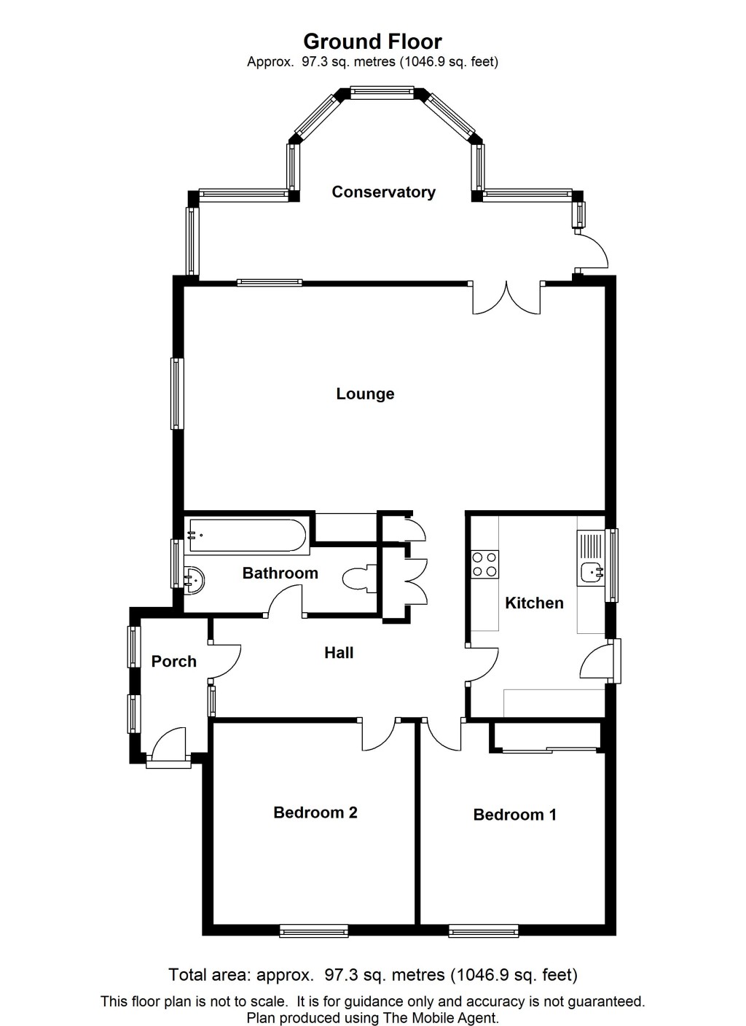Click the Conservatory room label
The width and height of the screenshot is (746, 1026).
[x=383, y=192]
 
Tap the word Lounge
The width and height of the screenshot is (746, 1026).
[x=365, y=393]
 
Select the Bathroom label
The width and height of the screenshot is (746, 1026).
[x=280, y=573]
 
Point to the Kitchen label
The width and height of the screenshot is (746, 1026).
[x=534, y=603]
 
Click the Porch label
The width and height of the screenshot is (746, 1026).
[x=173, y=661]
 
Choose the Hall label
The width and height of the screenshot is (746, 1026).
[x=339, y=652]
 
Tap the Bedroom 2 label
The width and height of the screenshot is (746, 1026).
[x=315, y=812]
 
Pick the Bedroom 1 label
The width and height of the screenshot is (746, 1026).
[x=515, y=815]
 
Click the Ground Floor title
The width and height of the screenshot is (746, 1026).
[x=372, y=42]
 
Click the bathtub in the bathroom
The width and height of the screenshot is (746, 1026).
[x=247, y=535]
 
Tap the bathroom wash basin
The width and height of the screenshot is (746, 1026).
[x=195, y=580]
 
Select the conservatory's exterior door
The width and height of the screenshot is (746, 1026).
[x=592, y=250]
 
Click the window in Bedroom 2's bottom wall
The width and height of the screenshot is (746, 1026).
[x=314, y=931]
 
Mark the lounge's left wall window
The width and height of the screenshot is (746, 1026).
[x=177, y=394]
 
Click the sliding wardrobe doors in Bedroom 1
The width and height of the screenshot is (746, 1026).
[x=549, y=750]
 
